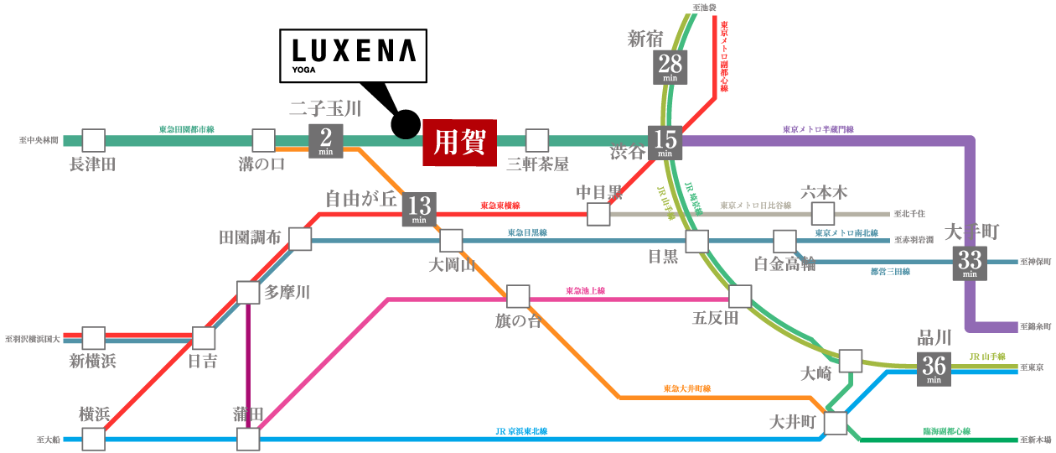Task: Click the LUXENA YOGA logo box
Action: tap(352, 56)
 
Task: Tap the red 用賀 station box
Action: tap(461, 140)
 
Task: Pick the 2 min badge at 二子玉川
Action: tap(326, 141)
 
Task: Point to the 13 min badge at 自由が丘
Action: tap(420, 209)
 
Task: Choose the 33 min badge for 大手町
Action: tap(970, 263)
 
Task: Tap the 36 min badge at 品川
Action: tap(934, 369)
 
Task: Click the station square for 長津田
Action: tap(93, 140)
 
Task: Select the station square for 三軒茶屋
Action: tap(536, 140)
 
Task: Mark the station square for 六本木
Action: tap(823, 213)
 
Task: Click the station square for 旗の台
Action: tap(518, 296)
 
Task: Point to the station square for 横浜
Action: tap(93, 439)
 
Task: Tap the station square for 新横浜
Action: tap(93, 338)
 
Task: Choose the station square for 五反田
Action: tap(740, 296)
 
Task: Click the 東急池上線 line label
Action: tap(585, 291)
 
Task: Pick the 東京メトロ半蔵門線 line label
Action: tap(818, 130)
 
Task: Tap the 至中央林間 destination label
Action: tap(39, 141)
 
